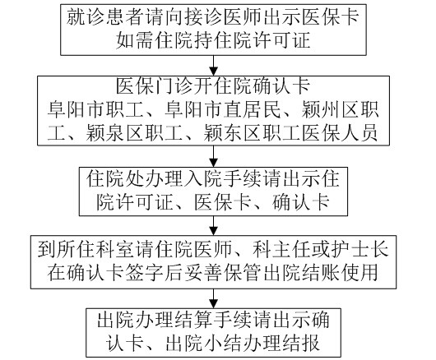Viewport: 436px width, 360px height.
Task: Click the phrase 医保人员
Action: [341, 133]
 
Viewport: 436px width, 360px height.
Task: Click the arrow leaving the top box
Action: [213, 66]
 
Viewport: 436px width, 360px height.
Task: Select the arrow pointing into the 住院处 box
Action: [213, 156]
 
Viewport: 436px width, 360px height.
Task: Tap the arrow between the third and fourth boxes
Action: [213, 226]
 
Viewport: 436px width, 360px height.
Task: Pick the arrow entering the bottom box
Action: [213, 298]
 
